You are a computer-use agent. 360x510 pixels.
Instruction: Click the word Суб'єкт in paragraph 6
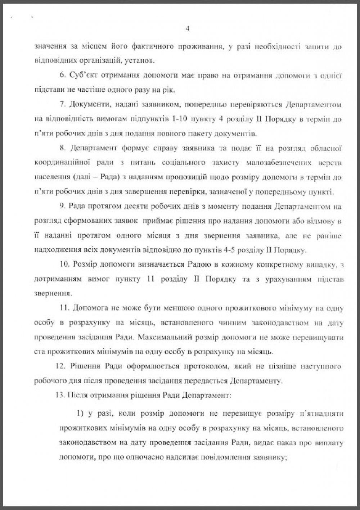84,76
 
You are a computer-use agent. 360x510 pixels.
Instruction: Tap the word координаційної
61,163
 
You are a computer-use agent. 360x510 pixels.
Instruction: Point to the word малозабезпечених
279,163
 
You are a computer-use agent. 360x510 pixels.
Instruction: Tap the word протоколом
205,367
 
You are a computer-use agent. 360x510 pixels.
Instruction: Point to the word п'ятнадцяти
321,414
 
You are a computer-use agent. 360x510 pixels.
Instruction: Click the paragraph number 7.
62,105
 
